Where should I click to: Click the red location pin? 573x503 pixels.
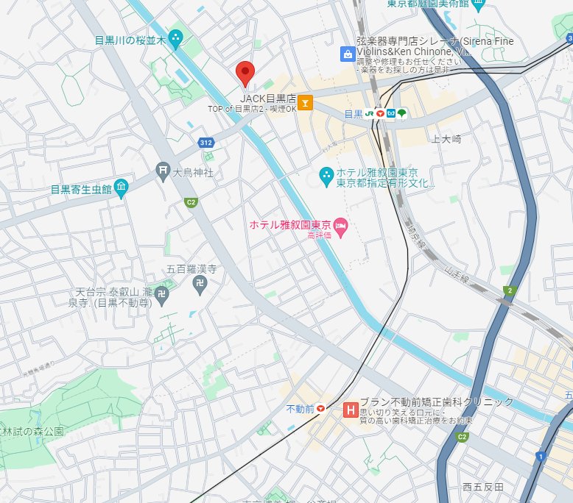tap(245, 74)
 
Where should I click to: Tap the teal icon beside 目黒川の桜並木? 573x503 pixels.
tap(176, 38)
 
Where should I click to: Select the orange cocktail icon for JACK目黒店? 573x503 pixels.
tap(306, 102)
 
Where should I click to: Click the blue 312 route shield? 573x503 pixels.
tap(205, 141)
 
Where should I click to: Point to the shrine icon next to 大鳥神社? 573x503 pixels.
tap(163, 172)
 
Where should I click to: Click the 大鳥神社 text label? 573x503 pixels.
tap(193, 173)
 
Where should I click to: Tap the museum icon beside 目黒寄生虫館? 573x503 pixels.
tap(121, 188)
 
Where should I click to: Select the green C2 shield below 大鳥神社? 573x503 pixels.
tap(191, 201)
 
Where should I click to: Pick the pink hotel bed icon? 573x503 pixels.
tap(340, 224)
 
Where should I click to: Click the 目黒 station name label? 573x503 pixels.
tap(354, 114)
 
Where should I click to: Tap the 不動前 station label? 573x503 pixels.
tap(300, 408)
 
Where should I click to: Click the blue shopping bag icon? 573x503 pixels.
tap(346, 54)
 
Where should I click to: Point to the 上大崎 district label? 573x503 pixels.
tap(446, 138)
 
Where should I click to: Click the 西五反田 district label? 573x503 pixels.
tap(483, 487)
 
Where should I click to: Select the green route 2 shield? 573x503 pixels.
tap(508, 291)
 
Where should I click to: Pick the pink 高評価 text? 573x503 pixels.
tap(321, 235)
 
